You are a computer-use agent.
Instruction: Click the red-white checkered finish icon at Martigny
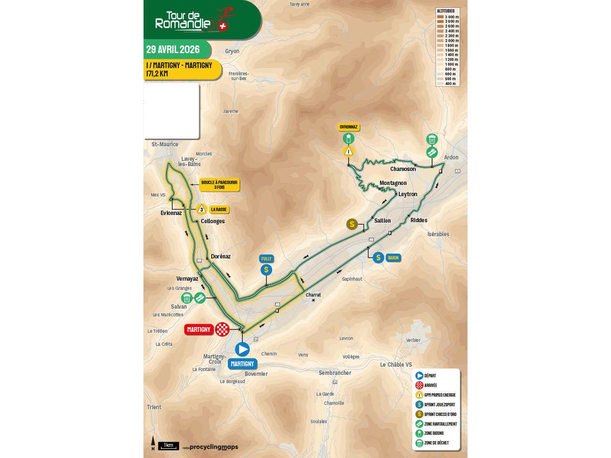click(222, 329)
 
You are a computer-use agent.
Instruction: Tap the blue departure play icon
click(242, 349)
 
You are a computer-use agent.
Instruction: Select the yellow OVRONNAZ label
click(349, 127)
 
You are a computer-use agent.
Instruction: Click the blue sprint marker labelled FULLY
click(266, 270)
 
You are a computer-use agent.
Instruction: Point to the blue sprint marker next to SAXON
click(378, 258)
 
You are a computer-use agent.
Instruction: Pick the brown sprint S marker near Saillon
click(352, 224)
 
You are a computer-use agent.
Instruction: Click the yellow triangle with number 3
click(201, 209)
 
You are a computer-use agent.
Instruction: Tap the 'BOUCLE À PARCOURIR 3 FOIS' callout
click(219, 185)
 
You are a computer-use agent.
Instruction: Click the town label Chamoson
click(403, 169)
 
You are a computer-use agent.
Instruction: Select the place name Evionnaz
click(171, 213)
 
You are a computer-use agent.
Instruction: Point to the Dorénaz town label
click(221, 257)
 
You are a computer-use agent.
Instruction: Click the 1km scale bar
click(169, 445)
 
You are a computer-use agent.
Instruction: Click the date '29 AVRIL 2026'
click(173, 49)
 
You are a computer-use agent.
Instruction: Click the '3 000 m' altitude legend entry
click(448, 17)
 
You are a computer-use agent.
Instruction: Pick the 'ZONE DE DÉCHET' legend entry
click(436, 443)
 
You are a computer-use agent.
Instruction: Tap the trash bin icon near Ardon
click(432, 140)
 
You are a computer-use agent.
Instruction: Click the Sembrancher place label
click(335, 373)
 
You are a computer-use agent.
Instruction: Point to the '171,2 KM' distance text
click(157, 73)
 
